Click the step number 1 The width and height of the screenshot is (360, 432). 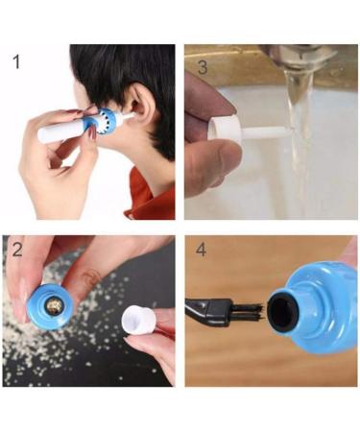(x=16, y=64)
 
